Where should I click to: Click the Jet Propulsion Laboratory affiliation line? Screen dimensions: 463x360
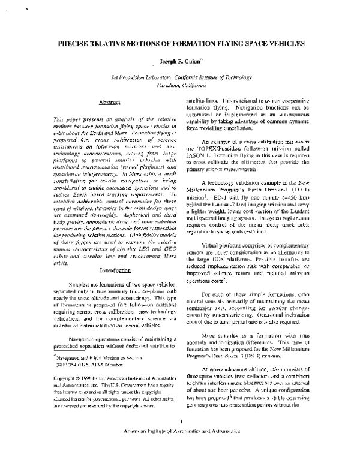click(x=179, y=77)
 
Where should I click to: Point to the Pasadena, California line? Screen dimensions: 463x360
click(x=179, y=85)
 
